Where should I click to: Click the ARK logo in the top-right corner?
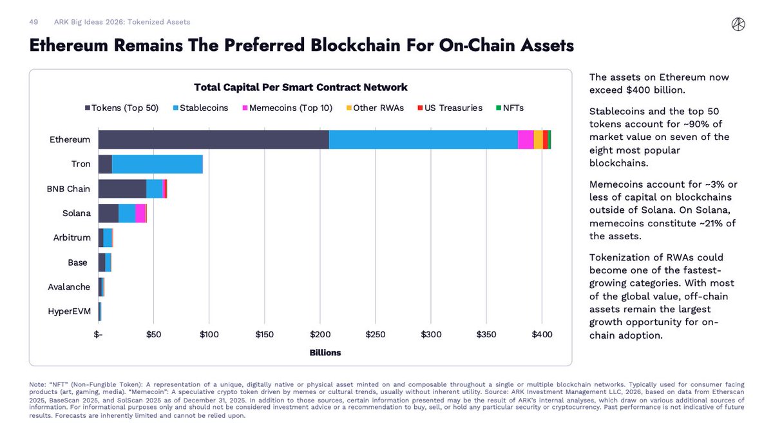click(738, 24)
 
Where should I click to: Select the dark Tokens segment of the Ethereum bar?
click(213, 140)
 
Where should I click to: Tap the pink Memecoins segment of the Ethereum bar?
click(526, 140)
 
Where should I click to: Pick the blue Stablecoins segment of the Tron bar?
click(157, 164)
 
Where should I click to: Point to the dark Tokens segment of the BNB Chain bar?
click(122, 188)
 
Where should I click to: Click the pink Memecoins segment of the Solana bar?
click(140, 213)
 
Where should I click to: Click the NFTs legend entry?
click(513, 108)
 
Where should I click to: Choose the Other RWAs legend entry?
click(375, 108)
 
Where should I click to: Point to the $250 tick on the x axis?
click(376, 334)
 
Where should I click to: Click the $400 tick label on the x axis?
click(542, 334)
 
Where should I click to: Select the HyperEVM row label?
click(70, 312)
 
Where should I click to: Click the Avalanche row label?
click(70, 287)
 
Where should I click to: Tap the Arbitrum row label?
click(72, 238)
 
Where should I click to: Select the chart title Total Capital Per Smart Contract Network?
click(301, 87)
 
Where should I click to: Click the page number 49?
click(34, 22)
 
